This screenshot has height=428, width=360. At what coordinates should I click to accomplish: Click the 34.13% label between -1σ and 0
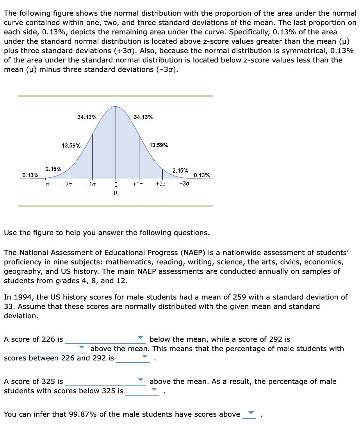[x=87, y=117]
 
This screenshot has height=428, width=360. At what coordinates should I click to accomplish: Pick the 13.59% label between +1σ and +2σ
[x=159, y=145]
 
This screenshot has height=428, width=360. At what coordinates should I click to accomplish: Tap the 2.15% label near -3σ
[x=53, y=169]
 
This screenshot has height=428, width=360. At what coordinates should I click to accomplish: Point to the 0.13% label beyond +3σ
[x=202, y=175]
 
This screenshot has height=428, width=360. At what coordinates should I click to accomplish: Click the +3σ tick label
[x=184, y=184]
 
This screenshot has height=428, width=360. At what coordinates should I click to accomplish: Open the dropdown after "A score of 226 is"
[x=105, y=339]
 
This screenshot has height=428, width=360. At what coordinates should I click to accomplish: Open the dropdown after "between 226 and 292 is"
[x=133, y=358]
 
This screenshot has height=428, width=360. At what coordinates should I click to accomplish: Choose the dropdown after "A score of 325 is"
[x=105, y=381]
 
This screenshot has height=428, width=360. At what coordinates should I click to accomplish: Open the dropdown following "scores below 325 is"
[x=143, y=391]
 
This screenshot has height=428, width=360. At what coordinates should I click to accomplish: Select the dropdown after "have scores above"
[x=249, y=414]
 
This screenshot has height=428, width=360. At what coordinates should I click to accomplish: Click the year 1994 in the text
[x=20, y=297]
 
